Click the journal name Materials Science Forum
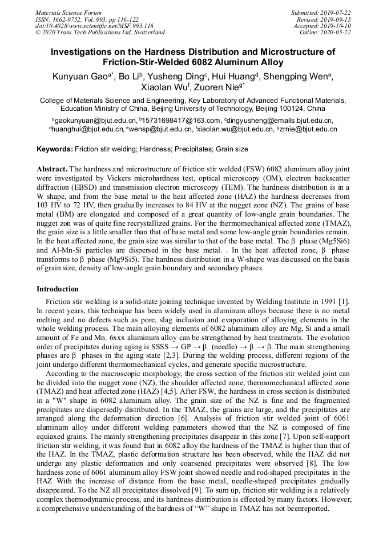[x=68, y=13]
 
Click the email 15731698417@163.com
[x=182, y=121]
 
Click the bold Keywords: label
[x=55, y=149]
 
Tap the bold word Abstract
[x=52, y=170]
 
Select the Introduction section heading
[x=58, y=289]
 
